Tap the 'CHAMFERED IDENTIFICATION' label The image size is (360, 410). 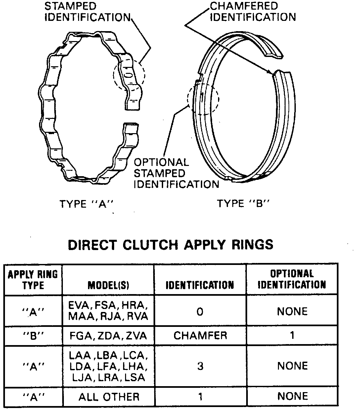[x=253, y=11]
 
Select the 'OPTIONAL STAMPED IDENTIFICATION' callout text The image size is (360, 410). [x=176, y=173]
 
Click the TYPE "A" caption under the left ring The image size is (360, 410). [x=87, y=204]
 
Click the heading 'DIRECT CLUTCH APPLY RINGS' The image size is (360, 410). [x=171, y=244]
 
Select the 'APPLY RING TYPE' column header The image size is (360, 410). [x=33, y=280]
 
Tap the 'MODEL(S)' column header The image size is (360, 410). [x=108, y=285]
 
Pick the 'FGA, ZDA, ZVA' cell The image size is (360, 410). [x=108, y=336]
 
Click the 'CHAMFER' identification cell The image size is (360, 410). [x=200, y=335]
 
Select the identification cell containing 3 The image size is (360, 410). [x=200, y=366]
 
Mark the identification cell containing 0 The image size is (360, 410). [x=200, y=311]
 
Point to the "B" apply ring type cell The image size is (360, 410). [x=33, y=336]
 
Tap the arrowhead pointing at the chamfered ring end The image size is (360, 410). [x=273, y=73]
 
